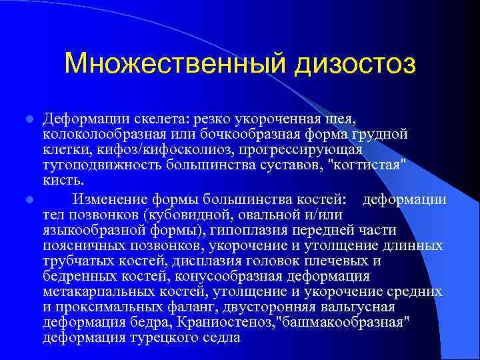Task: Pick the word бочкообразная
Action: pyautogui.click(x=255, y=134)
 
